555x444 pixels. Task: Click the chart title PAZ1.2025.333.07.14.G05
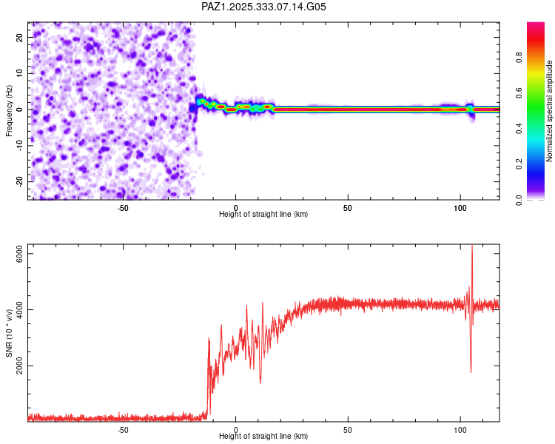[x=263, y=7]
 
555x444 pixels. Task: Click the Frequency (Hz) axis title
[x=9, y=110]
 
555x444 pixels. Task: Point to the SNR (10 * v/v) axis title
[x=9, y=333]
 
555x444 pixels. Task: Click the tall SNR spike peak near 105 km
[x=472, y=246]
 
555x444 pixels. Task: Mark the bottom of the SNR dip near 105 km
[x=471, y=371]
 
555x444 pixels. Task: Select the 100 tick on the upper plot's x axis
[x=460, y=208]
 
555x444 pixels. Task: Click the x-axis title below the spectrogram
[x=263, y=215]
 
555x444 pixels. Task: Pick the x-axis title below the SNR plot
[x=263, y=437]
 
